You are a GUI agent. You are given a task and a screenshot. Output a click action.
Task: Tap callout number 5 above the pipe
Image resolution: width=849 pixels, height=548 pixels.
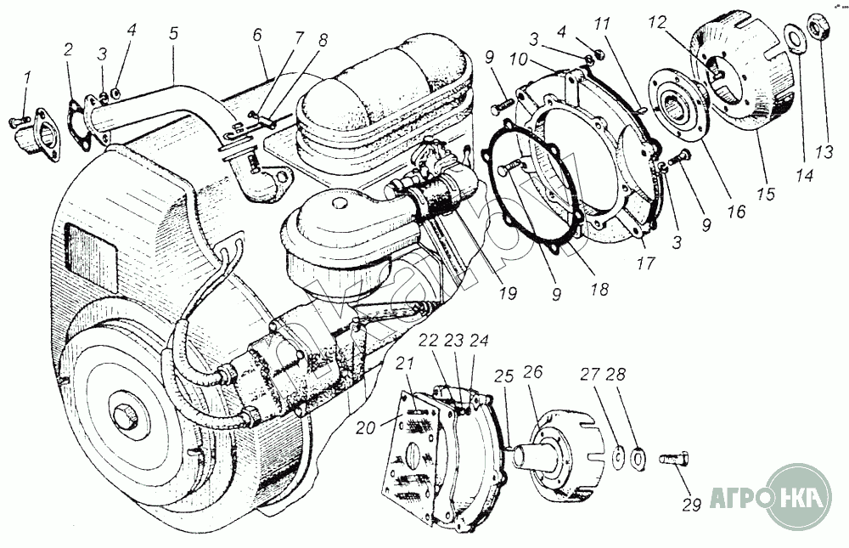pos(174,37)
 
